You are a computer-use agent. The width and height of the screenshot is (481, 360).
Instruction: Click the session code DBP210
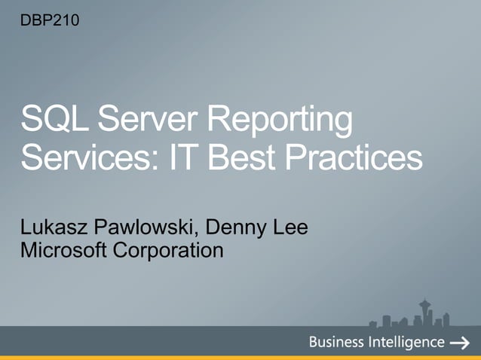point(48,19)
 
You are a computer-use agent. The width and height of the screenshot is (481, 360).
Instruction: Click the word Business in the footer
point(336,343)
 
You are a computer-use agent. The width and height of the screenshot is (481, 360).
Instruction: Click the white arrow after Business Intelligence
point(460,343)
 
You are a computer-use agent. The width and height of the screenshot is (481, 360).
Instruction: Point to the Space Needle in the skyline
point(423,311)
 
